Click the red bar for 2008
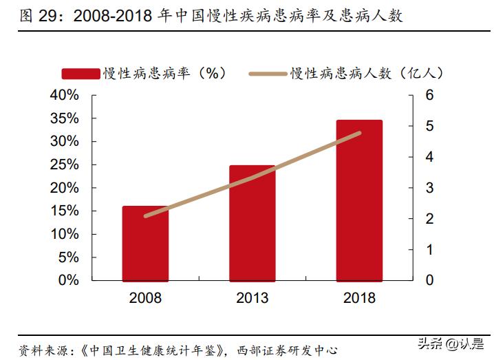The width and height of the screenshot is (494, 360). coord(145,244)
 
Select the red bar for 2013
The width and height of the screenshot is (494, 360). coord(252,223)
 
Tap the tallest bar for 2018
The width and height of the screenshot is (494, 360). coord(358,200)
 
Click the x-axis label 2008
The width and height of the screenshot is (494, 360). coord(145,298)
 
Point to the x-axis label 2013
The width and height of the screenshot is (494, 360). coord(252,298)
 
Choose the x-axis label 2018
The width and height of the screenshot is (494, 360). coord(358,298)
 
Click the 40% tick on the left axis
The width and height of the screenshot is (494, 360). coord(65,95)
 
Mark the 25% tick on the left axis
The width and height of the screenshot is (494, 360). coord(65,165)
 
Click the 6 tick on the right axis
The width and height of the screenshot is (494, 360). coord(429,95)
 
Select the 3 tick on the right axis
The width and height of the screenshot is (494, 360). coord(429,188)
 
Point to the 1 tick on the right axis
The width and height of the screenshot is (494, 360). coord(429,250)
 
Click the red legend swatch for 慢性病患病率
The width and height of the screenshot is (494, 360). coord(81,73)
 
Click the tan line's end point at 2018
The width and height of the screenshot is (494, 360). coord(359,133)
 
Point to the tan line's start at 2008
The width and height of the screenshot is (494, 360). coord(145,216)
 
